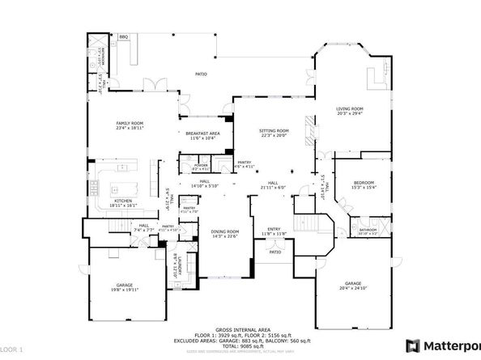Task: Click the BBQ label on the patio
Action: [124, 37]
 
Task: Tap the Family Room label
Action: [130, 122]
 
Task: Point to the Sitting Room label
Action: [274, 131]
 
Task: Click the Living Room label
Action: [350, 108]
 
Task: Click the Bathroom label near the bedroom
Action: [368, 230]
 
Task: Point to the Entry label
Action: [274, 229]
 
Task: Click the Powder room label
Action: [202, 165]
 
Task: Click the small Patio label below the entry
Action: [275, 252]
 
